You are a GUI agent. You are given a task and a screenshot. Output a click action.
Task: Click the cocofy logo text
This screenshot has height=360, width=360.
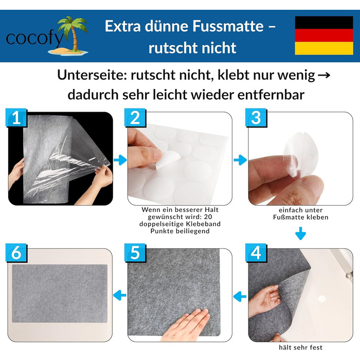34,39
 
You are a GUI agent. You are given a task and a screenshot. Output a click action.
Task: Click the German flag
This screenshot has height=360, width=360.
324,35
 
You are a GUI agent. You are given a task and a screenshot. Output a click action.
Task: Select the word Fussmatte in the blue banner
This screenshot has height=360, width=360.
228,26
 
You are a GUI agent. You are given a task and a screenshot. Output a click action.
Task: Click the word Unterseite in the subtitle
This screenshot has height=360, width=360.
92,75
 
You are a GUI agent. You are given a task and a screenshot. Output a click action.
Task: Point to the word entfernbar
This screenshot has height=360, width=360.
271,95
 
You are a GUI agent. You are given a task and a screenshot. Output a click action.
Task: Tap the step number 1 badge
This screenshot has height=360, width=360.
16,118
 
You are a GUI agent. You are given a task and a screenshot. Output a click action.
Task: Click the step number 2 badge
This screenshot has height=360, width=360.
135,118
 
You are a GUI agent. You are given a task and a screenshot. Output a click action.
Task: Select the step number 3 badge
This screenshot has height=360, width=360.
256,118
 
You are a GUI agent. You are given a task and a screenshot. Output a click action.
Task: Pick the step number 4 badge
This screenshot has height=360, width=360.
256,253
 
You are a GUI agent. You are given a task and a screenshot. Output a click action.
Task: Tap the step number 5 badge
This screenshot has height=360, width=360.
135,253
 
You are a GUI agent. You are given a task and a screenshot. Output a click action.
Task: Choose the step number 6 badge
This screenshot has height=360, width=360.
16,253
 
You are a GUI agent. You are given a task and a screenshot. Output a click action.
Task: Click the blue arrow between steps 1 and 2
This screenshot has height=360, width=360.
120,160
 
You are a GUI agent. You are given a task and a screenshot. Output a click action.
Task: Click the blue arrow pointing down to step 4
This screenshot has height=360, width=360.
300,233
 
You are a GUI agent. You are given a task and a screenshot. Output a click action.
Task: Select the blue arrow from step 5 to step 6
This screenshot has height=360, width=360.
120,295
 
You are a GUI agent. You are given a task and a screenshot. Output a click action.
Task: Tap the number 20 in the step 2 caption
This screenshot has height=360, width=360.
208,217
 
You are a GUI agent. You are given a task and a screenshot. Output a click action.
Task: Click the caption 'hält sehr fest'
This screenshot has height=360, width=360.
300,348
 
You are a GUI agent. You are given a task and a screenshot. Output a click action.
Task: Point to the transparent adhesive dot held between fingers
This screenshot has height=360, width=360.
300,155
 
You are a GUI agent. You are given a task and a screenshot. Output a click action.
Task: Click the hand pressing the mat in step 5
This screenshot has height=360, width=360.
186,326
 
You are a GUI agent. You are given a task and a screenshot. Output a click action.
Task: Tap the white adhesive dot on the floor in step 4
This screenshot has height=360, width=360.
321,299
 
